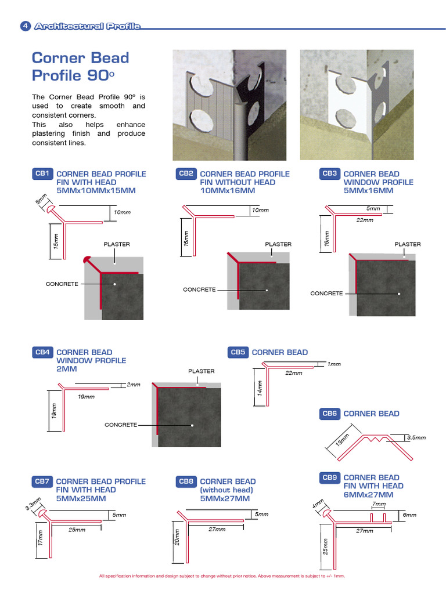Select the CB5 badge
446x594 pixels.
[239, 352]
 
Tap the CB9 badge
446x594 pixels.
[330, 477]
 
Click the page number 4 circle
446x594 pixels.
[26, 26]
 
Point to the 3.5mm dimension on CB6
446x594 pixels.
[416, 437]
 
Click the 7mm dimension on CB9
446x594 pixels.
[379, 505]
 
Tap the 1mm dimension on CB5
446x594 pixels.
[334, 364]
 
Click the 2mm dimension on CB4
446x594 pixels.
[134, 385]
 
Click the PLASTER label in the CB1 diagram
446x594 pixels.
[117, 244]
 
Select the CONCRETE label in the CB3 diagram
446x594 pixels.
[326, 294]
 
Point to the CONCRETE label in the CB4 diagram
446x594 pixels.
[121, 425]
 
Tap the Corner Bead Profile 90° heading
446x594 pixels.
[80, 66]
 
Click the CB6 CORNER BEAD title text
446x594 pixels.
[371, 414]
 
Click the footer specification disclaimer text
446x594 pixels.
[222, 576]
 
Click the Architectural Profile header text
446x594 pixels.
[87, 26]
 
